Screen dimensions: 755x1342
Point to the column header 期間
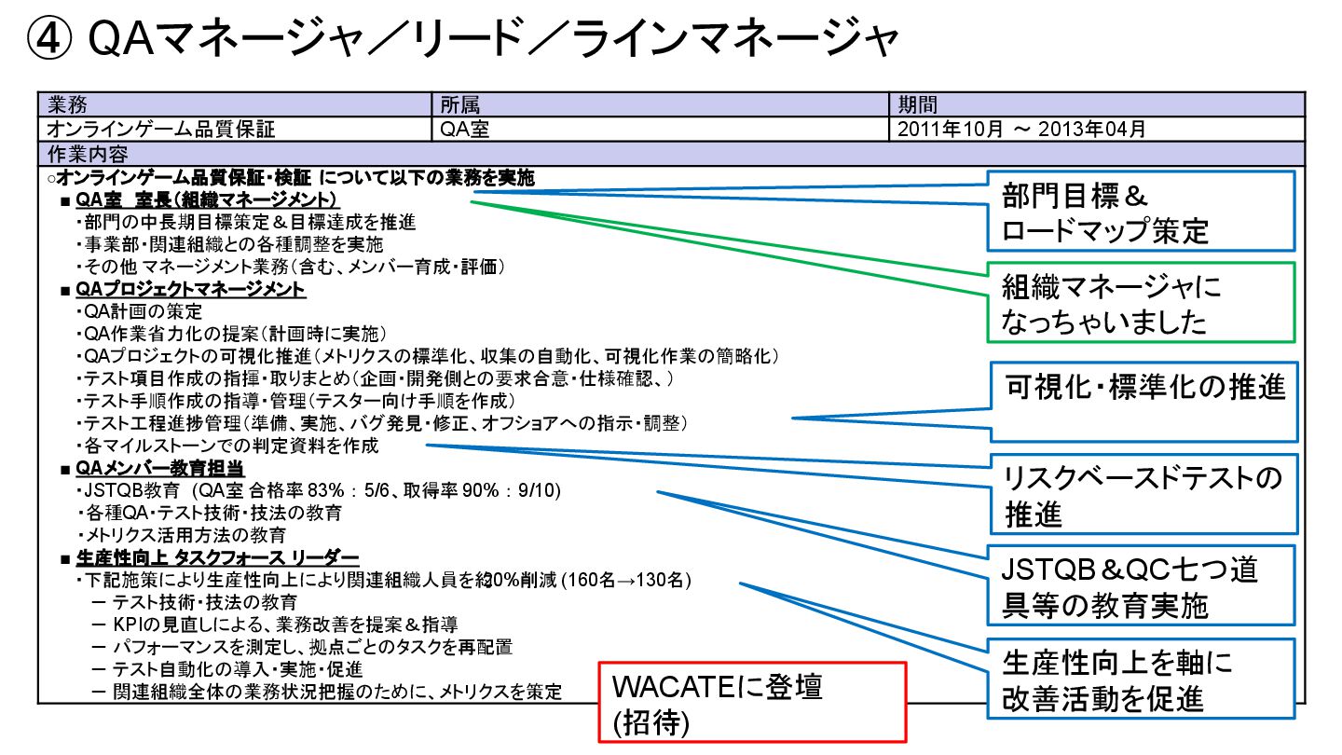click(x=917, y=104)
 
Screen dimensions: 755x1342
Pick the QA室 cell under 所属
click(x=464, y=129)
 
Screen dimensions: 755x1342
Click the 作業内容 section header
click(x=87, y=153)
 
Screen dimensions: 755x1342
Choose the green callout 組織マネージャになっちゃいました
click(x=1141, y=303)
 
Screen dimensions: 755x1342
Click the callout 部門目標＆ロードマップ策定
click(x=1141, y=212)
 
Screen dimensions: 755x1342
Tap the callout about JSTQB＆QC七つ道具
click(x=1142, y=585)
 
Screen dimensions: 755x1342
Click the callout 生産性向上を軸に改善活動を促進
click(x=1142, y=679)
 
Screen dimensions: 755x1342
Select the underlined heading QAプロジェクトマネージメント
click(x=191, y=290)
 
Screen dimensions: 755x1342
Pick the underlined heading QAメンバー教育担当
click(x=160, y=468)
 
